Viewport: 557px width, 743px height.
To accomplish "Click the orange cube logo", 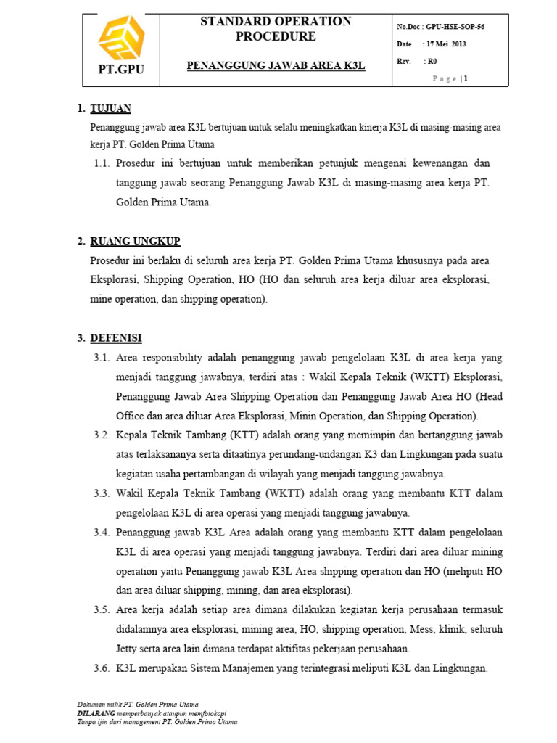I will coord(121,40).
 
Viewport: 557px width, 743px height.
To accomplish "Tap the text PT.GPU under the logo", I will coord(121,70).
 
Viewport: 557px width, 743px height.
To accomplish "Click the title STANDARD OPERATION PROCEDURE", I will coord(276,29).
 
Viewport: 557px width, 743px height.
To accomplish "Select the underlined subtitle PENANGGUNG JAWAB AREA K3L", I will coord(276,65).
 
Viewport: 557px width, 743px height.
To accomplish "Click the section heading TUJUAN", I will coord(110,109).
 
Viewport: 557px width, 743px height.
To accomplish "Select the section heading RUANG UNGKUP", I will coord(135,241).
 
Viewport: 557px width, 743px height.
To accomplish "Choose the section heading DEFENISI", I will coord(116,338).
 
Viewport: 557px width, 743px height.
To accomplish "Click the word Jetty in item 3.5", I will coord(128,648).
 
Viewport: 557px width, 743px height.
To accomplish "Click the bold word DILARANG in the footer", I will coord(95,713).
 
